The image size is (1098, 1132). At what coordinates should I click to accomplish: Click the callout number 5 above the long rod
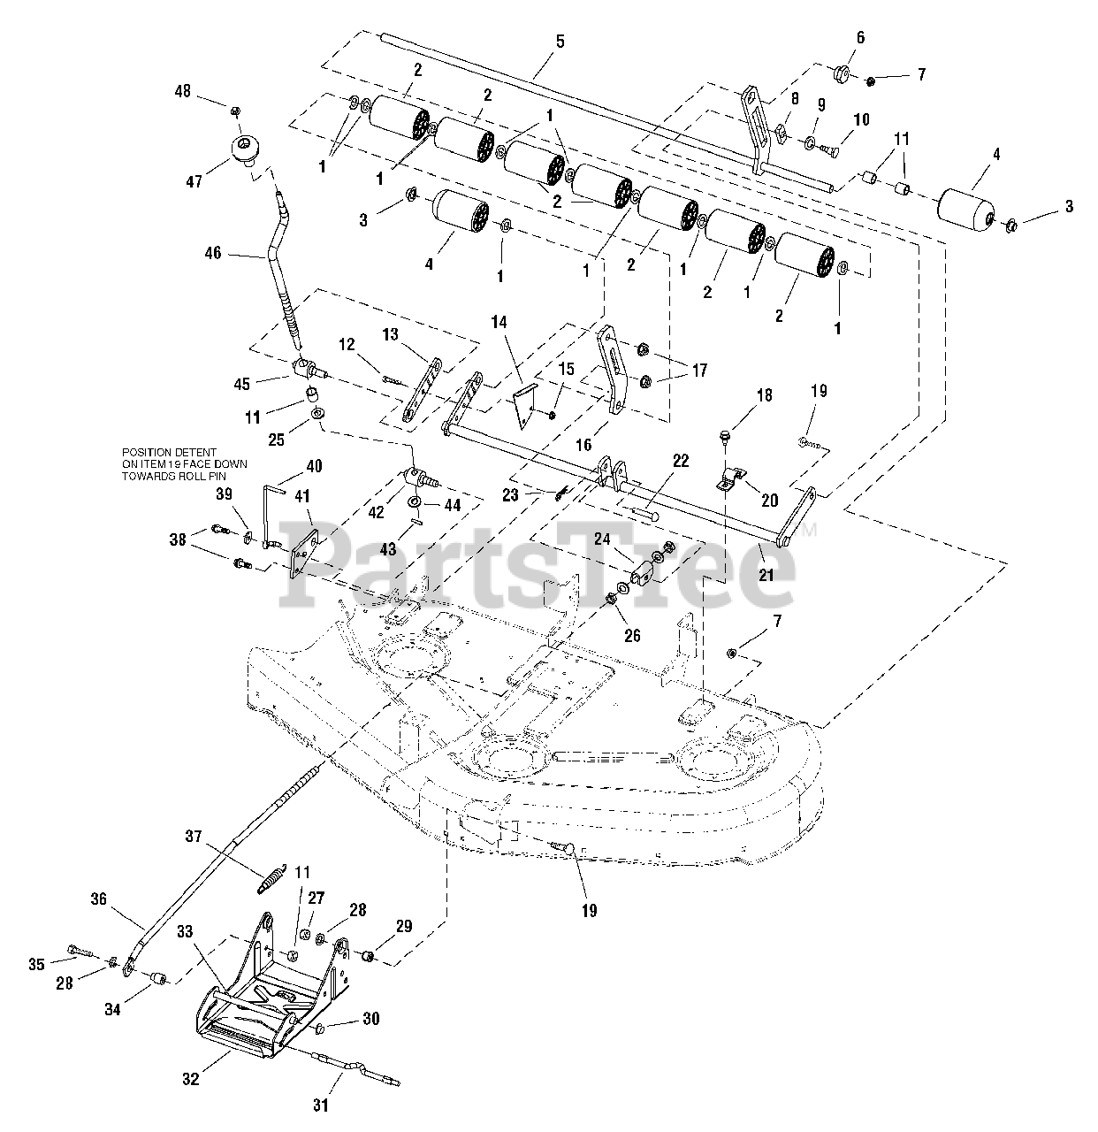559,42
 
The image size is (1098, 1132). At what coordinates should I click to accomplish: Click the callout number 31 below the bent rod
321,1105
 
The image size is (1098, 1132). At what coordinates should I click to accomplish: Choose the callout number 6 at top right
835,37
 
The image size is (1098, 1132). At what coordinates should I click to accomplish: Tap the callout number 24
627,539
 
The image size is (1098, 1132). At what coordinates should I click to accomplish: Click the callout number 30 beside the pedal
370,1019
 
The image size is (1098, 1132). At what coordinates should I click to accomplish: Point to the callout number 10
861,119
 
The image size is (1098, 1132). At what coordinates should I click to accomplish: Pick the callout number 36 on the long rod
97,899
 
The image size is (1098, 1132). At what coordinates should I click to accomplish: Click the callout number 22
680,460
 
